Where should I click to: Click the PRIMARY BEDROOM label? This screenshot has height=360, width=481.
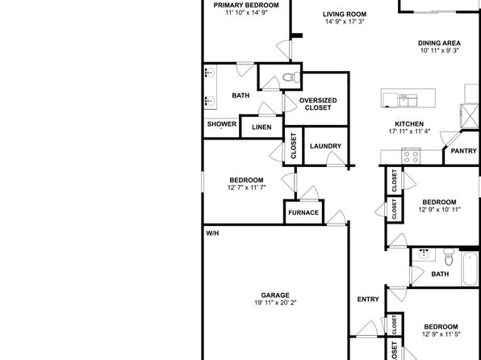pyautogui.click(x=246, y=5)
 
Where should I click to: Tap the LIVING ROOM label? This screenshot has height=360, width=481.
pyautogui.click(x=345, y=14)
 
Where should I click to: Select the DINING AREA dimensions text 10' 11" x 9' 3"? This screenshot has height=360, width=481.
pyautogui.click(x=439, y=51)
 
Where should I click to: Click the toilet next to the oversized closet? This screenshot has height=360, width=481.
pyautogui.click(x=291, y=77)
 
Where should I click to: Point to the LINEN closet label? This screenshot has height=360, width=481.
pyautogui.click(x=261, y=127)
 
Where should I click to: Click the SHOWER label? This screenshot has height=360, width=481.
pyautogui.click(x=222, y=124)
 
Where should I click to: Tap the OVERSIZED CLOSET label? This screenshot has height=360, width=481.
pyautogui.click(x=318, y=104)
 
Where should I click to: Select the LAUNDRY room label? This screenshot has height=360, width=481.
pyautogui.click(x=325, y=146)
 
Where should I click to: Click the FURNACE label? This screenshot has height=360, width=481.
pyautogui.click(x=303, y=212)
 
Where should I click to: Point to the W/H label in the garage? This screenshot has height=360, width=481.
pyautogui.click(x=212, y=233)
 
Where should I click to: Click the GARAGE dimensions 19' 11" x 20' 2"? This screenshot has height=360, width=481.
pyautogui.click(x=275, y=303)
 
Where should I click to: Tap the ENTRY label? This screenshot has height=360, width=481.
pyautogui.click(x=368, y=299)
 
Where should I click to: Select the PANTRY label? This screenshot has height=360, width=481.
pyautogui.click(x=463, y=151)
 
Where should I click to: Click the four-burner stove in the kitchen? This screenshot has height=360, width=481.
pyautogui.click(x=411, y=157)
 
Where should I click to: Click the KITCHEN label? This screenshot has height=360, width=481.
pyautogui.click(x=409, y=124)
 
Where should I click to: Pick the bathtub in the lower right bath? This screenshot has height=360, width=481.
pyautogui.click(x=470, y=269)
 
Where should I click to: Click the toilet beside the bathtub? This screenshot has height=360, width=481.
pyautogui.click(x=449, y=257)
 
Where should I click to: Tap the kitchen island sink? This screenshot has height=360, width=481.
pyautogui.click(x=408, y=100)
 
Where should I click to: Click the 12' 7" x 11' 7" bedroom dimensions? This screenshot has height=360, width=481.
pyautogui.click(x=246, y=187)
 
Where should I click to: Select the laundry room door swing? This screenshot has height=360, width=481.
pyautogui.click(x=335, y=159)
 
